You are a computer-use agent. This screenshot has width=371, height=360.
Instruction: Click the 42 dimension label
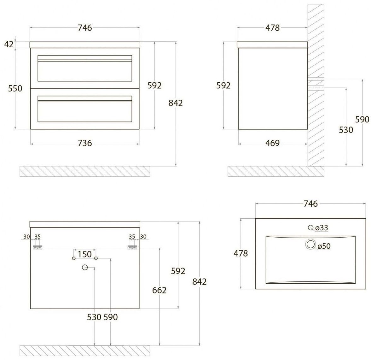(9, 44)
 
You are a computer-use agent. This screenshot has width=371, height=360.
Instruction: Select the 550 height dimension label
(15, 88)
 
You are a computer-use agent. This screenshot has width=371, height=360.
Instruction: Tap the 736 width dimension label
(85, 143)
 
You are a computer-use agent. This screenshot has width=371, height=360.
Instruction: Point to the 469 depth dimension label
(273, 143)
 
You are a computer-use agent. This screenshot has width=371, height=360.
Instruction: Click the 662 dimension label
(159, 290)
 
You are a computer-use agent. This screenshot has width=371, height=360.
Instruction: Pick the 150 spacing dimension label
(85, 254)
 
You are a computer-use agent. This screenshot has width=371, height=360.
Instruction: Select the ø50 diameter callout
(324, 246)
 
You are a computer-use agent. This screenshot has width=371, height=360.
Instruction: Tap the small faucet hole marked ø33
(311, 227)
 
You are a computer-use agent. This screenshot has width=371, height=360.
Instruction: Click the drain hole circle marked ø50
(311, 244)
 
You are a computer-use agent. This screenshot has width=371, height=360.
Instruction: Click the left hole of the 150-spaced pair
(73, 258)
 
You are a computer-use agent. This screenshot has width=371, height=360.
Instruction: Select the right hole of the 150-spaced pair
(96, 258)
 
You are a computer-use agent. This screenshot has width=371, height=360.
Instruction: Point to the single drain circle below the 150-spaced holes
(85, 267)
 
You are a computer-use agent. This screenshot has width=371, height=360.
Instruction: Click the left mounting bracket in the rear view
(37, 247)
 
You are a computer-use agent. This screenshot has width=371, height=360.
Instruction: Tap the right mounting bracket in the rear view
(132, 247)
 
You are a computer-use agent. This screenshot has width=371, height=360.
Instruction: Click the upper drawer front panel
(85, 68)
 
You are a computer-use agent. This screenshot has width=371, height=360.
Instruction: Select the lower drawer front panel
(85, 109)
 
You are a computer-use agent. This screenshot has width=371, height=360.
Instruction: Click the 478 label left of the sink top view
(241, 253)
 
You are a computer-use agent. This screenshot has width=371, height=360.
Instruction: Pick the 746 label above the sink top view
(311, 204)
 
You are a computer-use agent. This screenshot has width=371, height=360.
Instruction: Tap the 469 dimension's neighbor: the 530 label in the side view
(346, 130)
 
